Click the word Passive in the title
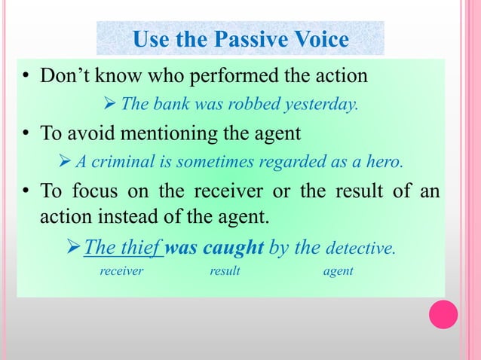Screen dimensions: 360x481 250,38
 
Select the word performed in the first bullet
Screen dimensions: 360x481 239,77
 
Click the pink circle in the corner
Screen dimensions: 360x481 443,314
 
